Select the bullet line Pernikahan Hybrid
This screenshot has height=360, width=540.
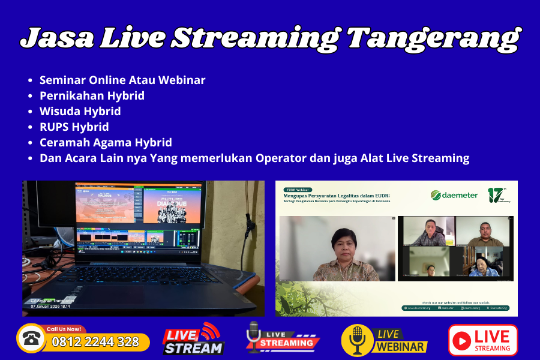click(92, 95)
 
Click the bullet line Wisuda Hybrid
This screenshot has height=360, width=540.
click(80, 111)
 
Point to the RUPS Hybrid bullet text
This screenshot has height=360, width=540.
click(74, 127)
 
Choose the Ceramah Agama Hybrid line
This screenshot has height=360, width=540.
click(106, 142)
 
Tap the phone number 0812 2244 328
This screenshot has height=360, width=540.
click(95, 342)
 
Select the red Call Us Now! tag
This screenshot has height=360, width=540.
click(64, 329)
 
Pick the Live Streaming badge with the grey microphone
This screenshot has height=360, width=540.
click(282, 338)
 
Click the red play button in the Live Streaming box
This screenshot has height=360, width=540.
click(461, 341)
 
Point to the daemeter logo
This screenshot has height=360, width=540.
click(454, 195)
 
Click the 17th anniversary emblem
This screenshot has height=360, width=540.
click(497, 195)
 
